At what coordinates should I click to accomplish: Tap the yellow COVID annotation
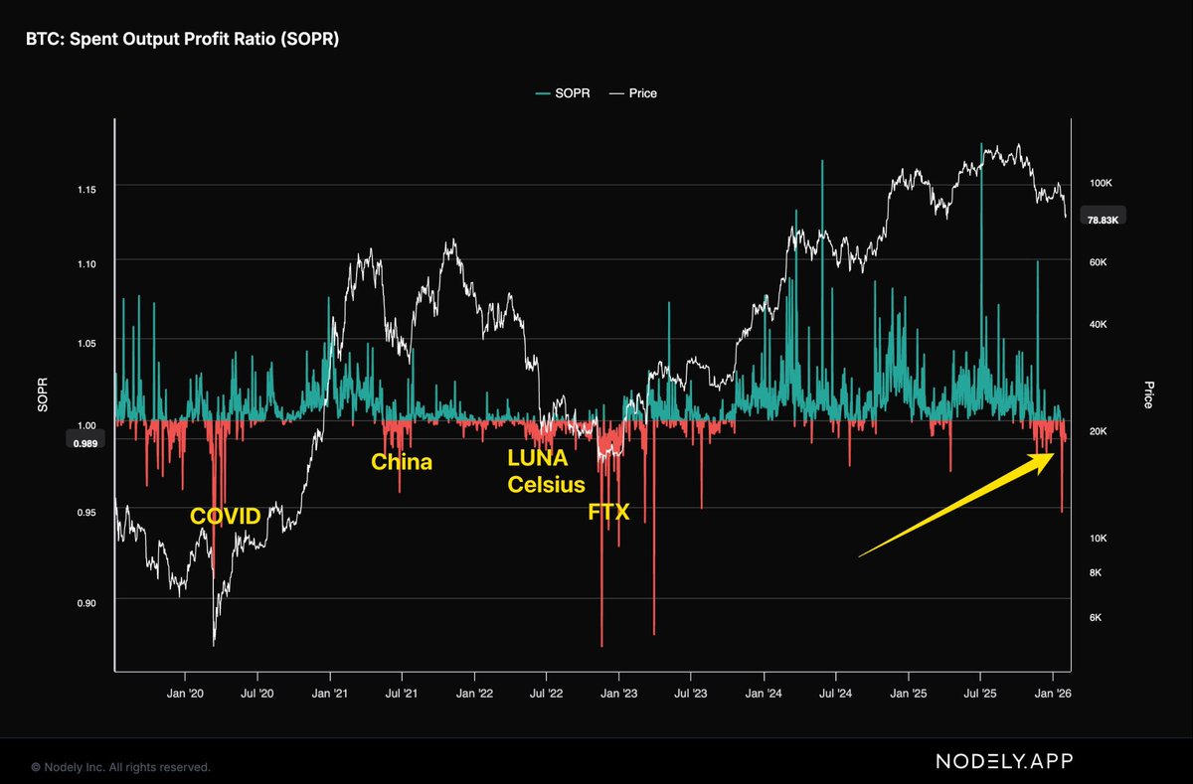tap(226, 516)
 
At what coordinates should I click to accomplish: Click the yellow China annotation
tap(402, 462)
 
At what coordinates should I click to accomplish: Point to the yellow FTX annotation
tap(609, 513)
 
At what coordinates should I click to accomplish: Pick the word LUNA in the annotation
tap(537, 460)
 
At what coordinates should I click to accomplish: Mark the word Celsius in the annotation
tap(546, 484)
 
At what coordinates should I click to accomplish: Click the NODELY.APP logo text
tap(1004, 761)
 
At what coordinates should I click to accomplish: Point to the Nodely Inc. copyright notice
tap(120, 767)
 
